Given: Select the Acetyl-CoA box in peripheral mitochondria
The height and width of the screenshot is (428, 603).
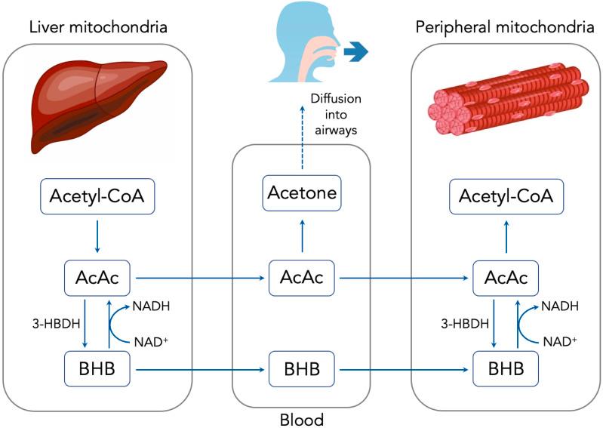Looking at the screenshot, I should pos(506,198).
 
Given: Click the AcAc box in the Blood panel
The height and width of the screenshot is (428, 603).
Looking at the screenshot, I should pos(301,278).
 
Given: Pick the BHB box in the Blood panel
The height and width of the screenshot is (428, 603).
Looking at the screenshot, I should pos(301,371).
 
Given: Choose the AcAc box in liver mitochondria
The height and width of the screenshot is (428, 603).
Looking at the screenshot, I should pos(97,278).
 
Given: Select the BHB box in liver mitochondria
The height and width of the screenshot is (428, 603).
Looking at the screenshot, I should pos(97,371).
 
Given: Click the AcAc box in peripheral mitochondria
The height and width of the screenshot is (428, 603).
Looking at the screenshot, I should pos(506,278).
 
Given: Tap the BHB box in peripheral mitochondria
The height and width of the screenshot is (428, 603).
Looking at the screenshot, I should pos(506,371).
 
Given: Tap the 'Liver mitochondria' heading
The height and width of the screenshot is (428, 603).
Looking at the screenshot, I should pos(97,28).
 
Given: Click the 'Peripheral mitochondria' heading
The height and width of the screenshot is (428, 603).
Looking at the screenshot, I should pos(505,28).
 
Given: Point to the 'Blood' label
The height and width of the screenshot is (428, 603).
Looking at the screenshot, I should pos(301,418).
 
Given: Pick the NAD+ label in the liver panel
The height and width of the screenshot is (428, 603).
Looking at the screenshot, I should pos(152,342).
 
